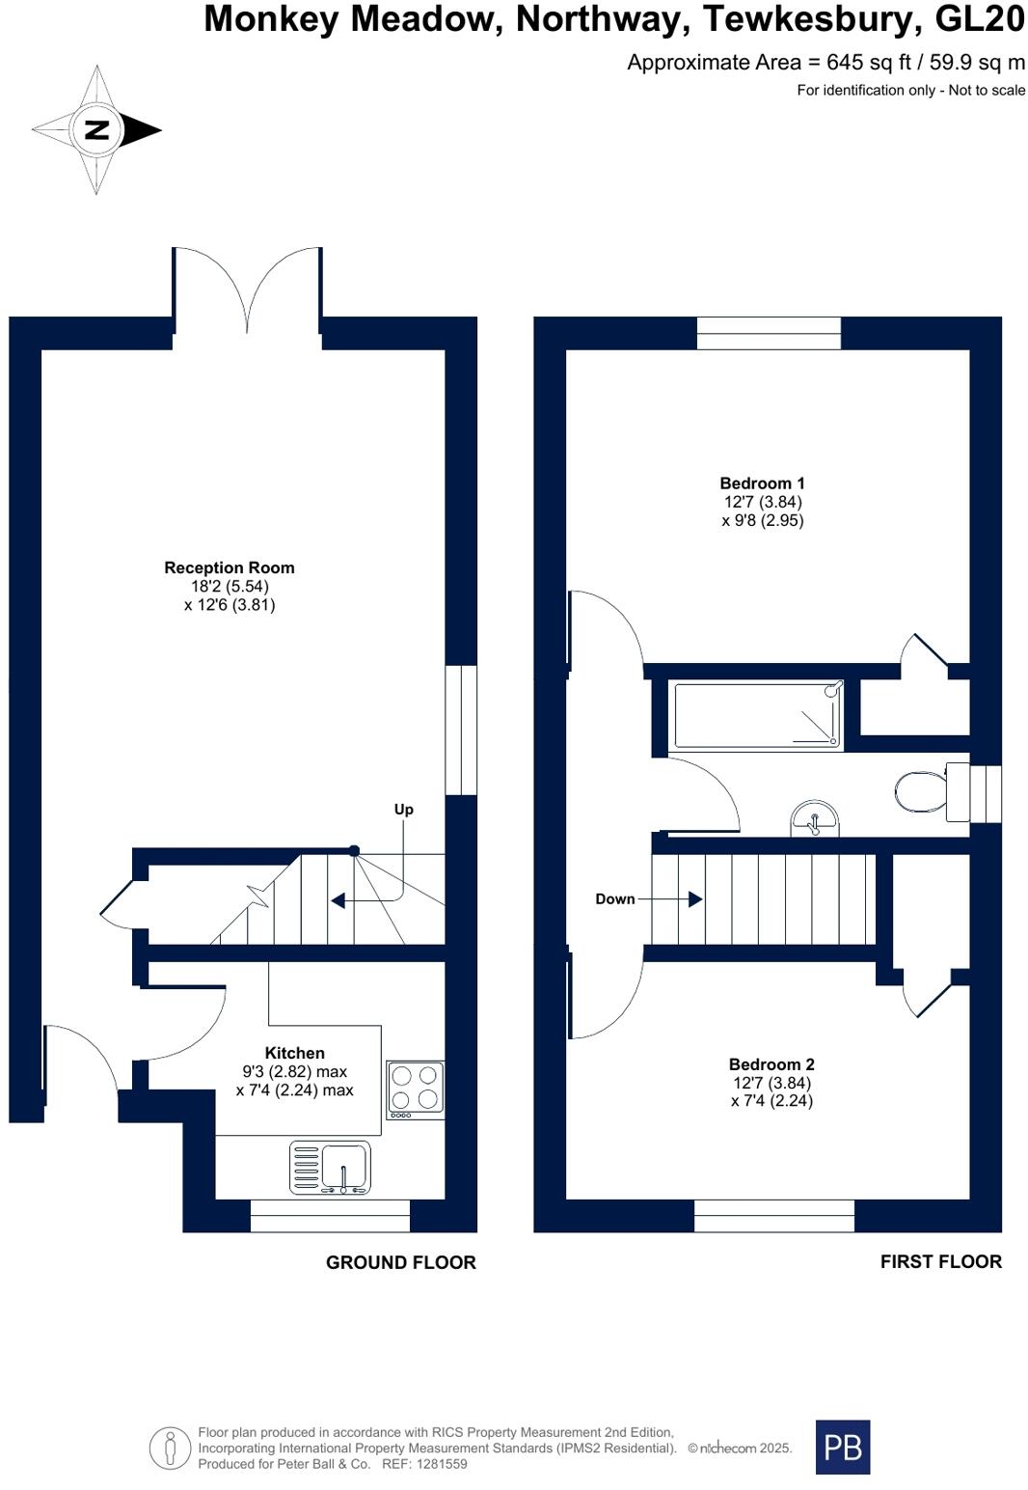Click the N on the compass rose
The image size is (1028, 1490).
[96, 129]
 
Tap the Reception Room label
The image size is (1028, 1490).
[229, 568]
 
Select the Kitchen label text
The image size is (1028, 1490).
[294, 1053]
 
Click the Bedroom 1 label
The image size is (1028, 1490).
[762, 483]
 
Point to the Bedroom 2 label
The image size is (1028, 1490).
[771, 1064]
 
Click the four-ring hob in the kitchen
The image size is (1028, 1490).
[416, 1090]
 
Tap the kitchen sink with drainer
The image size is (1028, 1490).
[330, 1167]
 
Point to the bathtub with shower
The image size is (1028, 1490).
[757, 715]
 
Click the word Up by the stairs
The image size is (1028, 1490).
[403, 810]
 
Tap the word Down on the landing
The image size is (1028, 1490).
[614, 898]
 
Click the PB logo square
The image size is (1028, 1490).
[842, 1447]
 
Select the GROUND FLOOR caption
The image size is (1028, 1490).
[400, 1262]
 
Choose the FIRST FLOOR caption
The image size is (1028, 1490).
[940, 1261]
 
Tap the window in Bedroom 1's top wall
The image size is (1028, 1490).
[769, 333]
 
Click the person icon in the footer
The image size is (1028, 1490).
[171, 1449]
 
